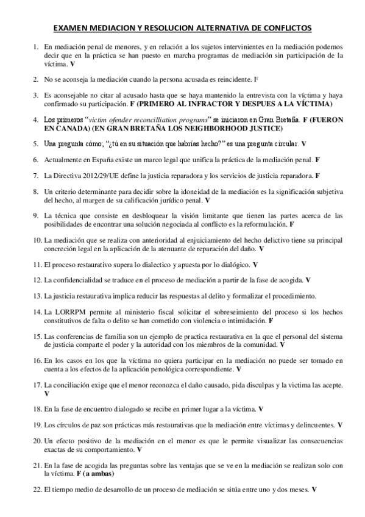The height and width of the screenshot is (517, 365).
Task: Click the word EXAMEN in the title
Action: point(71,28)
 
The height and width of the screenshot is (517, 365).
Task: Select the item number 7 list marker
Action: point(36,176)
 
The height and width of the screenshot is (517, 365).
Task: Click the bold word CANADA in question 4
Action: point(74,129)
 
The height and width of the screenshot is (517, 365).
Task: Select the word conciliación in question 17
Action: point(76,385)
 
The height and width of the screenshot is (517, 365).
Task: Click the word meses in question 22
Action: point(297,490)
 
